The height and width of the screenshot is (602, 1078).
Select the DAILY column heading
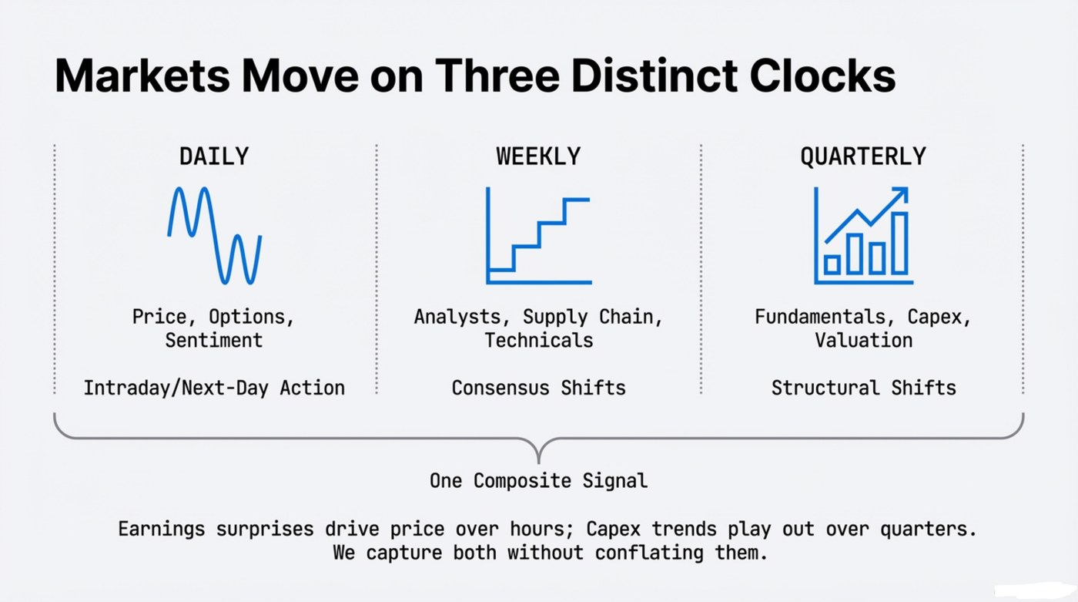[214, 156]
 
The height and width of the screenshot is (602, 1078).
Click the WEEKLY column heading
[538, 156]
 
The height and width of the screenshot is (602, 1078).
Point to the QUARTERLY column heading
[862, 156]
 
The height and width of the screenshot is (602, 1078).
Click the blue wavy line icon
[215, 234]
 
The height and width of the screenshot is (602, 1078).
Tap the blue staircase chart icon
[538, 235]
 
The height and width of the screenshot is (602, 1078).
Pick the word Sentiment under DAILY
[214, 340]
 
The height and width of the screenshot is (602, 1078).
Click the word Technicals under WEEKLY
[538, 340]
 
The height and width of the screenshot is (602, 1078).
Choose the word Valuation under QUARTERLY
[863, 340]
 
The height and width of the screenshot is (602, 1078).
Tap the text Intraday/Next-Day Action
[214, 387]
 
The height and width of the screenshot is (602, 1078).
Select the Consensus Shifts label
[538, 387]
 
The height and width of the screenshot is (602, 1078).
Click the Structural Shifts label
[863, 387]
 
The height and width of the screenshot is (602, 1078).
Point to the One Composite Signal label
[538, 481]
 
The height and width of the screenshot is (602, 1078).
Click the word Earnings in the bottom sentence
[162, 529]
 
